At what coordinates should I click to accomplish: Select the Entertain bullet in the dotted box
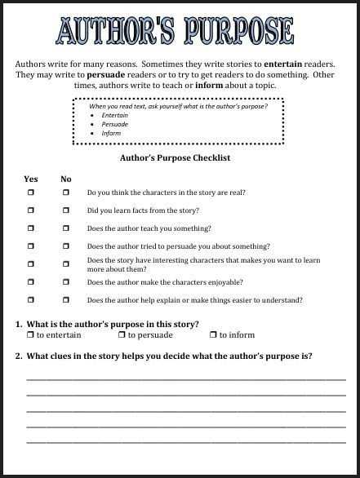114,116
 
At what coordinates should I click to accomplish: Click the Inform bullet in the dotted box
112,133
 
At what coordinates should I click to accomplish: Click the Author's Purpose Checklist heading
175,157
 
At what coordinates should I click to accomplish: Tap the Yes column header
31,179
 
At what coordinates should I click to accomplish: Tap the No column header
66,179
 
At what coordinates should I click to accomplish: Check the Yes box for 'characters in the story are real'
31,193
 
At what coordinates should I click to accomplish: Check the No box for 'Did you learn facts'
66,210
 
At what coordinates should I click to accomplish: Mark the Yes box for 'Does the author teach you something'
31,228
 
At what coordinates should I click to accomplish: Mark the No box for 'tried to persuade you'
66,246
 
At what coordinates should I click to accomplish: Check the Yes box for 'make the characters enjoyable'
31,282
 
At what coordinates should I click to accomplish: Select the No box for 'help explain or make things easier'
66,300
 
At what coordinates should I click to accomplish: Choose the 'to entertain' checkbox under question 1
30,335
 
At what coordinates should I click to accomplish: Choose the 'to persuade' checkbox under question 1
122,335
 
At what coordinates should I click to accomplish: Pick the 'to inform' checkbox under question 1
212,335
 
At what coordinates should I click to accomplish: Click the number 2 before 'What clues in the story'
18,356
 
